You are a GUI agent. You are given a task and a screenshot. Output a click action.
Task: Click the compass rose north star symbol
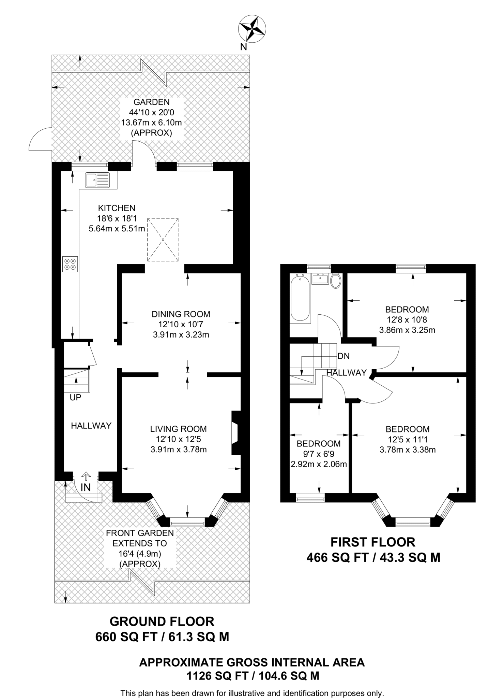pos(253,30)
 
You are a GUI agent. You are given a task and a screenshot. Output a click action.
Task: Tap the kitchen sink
pos(98,180)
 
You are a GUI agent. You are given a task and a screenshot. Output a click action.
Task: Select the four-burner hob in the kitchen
pos(70,264)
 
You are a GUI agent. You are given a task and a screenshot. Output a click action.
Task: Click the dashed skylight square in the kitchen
pos(163,240)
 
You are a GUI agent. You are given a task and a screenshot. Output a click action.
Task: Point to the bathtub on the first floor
pos(300,298)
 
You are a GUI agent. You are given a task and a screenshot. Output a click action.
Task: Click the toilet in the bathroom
pos(336,281)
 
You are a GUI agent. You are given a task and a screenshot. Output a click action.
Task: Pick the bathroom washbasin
pos(320,279)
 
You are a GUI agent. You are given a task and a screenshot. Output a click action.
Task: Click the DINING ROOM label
pos(181,314)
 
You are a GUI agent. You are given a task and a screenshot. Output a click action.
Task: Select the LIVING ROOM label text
pos(179,429)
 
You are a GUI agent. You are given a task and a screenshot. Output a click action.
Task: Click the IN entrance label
pos(86,487)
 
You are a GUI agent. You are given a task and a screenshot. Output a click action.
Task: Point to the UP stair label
pos(75,397)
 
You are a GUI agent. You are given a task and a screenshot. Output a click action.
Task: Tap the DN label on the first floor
pos(343,356)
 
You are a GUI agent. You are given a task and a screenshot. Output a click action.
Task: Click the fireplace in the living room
pos(235,433)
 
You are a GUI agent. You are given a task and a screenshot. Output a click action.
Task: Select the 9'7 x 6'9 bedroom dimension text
pos(319,454)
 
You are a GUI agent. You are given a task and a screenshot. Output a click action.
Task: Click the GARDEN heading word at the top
pos(151,102)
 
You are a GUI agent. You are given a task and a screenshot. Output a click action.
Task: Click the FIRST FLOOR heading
pos(373,542)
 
